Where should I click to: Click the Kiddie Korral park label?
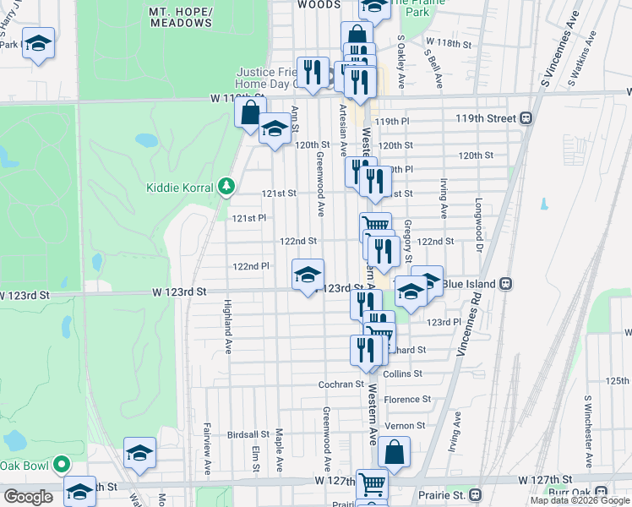(x=181, y=186)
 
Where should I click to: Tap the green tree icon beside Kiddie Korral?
(x=225, y=185)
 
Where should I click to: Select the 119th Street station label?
(x=486, y=118)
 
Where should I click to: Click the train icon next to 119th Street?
(x=526, y=118)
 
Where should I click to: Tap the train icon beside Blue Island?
(x=507, y=283)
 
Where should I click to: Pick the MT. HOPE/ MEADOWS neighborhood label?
(x=180, y=17)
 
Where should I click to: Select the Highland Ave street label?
(x=227, y=326)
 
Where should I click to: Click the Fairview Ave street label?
(x=208, y=449)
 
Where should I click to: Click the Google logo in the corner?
(x=27, y=497)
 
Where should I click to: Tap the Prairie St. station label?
(x=444, y=494)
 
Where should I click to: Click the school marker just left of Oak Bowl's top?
(x=140, y=454)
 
